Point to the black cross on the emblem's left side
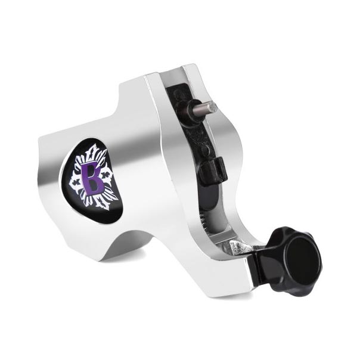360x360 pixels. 76,183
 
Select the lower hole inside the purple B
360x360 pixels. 94,184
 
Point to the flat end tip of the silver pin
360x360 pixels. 213,107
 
